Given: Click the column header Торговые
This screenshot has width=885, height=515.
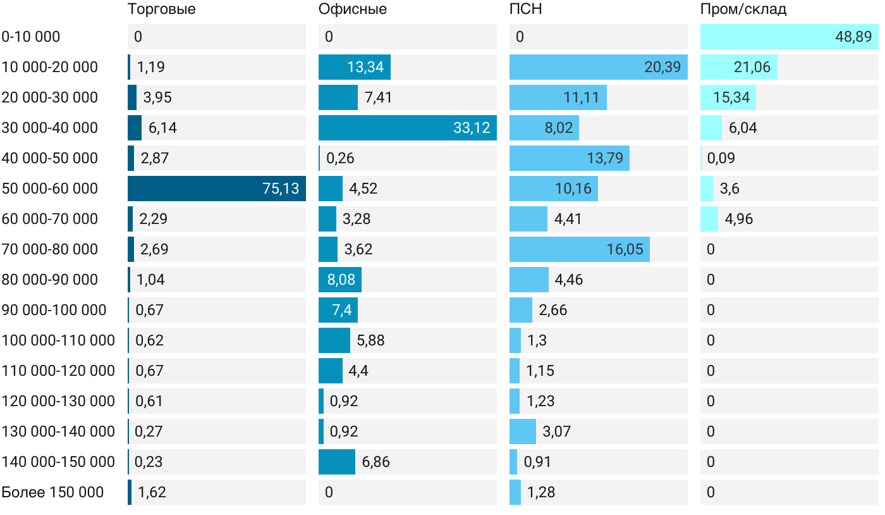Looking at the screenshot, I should tap(162, 9).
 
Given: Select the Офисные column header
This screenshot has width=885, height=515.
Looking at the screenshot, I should tap(353, 9).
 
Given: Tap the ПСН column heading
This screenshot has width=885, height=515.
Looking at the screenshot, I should tap(526, 9).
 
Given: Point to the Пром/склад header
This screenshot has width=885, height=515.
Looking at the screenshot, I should tap(743, 9).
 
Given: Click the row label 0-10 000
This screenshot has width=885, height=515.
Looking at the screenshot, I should tap(31, 37).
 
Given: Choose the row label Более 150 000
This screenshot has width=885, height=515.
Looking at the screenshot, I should tap(52, 492).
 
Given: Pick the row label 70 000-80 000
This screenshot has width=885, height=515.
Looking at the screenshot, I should tap(50, 249).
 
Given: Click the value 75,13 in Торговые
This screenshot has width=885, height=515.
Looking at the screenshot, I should tap(281, 189).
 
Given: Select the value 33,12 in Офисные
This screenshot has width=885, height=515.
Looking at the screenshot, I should tap(472, 128).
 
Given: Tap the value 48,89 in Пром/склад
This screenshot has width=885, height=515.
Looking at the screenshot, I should tap(853, 37).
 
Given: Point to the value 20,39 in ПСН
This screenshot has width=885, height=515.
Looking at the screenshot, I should tap(662, 67).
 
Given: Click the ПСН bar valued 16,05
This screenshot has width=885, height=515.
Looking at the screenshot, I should tap(579, 249).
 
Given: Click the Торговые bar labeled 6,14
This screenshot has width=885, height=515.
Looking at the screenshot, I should tap(135, 128).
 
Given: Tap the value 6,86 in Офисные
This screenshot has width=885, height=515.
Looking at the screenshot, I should tap(376, 462).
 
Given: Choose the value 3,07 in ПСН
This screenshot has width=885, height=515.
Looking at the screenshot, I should tap(557, 431).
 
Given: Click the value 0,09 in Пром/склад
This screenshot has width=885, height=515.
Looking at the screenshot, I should tap(721, 158).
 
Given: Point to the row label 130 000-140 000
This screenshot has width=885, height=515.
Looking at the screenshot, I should tap(58, 431).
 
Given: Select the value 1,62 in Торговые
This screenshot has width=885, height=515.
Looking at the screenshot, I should tap(152, 492).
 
